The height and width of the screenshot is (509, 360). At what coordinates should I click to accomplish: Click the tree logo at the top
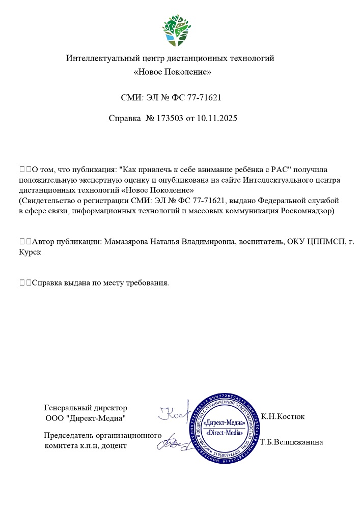[x=178, y=30]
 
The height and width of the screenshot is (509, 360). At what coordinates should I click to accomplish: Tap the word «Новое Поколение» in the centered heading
[x=172, y=72]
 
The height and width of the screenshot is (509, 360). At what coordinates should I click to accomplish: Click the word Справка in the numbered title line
[x=125, y=118]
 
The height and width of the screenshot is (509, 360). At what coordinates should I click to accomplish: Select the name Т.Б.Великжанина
[x=291, y=442]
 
